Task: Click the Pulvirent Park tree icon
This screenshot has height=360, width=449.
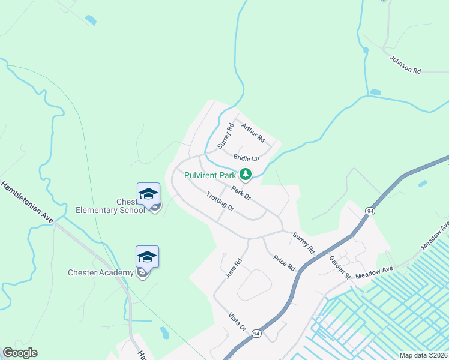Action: coord(245,175)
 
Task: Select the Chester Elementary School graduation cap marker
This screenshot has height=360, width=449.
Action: coord(148,194)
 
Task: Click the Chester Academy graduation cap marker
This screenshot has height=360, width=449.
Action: coord(147,257)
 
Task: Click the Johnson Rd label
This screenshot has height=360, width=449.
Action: coord(405,65)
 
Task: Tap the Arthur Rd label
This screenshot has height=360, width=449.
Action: coord(253,132)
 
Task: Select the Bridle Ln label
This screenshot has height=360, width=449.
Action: coord(246,158)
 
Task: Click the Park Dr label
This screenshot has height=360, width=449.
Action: coord(240,192)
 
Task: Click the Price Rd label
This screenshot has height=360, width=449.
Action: coord(285,262)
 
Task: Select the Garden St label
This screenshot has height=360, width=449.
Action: coord(339,268)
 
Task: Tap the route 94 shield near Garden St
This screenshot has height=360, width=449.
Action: coord(370,211)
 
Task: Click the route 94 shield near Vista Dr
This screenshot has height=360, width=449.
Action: coord(256,334)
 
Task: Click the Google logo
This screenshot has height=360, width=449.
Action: coord(20,353)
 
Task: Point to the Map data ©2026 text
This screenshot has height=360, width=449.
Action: coord(423,355)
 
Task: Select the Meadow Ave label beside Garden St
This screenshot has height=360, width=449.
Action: coord(373,273)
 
